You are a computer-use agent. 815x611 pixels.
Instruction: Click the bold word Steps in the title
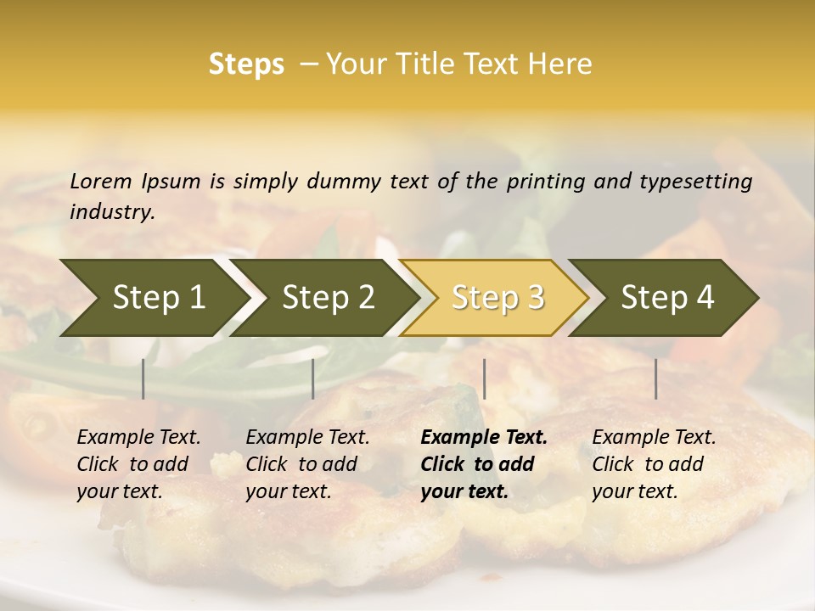point(246,64)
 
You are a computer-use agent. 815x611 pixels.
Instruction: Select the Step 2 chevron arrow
point(327,298)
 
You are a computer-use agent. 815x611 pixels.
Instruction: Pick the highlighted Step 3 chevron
point(497,298)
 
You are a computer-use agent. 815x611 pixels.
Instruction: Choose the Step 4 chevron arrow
point(666,298)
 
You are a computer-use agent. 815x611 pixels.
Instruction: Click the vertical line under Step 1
point(143,378)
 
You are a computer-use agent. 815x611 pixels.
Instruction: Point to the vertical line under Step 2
point(313,378)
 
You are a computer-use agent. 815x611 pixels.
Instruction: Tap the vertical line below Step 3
point(484,378)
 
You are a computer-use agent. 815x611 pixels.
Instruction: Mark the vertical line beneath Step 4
point(655,378)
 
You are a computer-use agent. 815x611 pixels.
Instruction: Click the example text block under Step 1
point(138,464)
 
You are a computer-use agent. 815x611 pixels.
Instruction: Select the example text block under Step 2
point(307,464)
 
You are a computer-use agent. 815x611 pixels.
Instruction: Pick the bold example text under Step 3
point(484,464)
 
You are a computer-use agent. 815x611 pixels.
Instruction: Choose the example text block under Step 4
point(654,464)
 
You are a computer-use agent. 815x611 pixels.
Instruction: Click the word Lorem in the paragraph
point(101,181)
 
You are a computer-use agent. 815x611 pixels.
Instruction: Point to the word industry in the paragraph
point(112,212)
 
